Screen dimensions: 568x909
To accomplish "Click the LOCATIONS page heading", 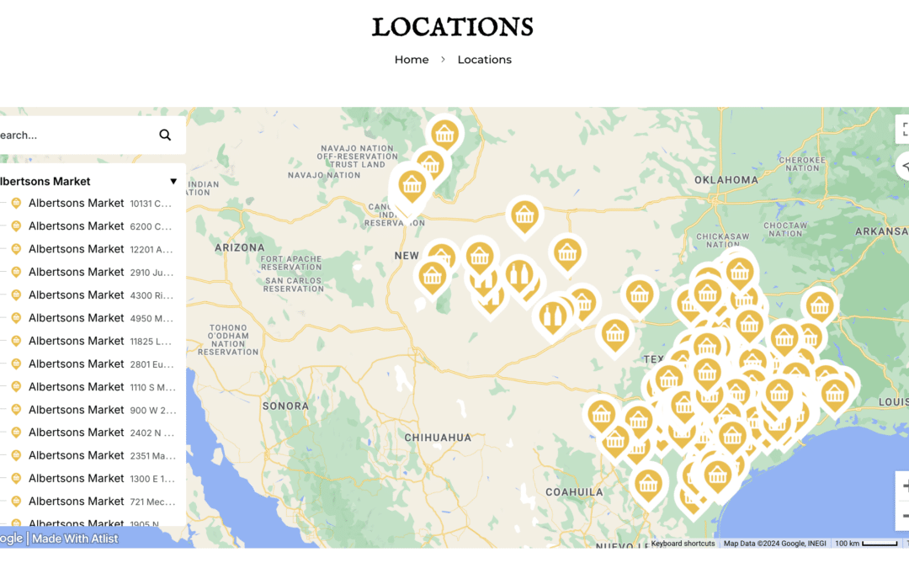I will (x=453, y=27).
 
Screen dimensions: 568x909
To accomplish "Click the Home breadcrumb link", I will (x=412, y=60).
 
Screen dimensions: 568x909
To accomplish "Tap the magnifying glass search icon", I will (x=165, y=135).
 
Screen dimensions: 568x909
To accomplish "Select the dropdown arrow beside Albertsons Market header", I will (x=173, y=181).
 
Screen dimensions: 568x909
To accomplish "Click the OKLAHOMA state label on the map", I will (x=726, y=180).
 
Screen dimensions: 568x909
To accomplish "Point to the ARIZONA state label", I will (x=240, y=248).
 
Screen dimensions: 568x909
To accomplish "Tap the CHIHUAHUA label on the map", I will (x=438, y=438).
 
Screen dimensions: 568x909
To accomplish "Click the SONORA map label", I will (x=285, y=406).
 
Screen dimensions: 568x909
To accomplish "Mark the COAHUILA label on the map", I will (x=574, y=491).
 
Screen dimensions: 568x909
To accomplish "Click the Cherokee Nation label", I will (x=802, y=163).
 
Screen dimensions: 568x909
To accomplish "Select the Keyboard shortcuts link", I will (x=683, y=544).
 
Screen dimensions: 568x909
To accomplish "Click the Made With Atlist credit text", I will (x=75, y=539).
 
